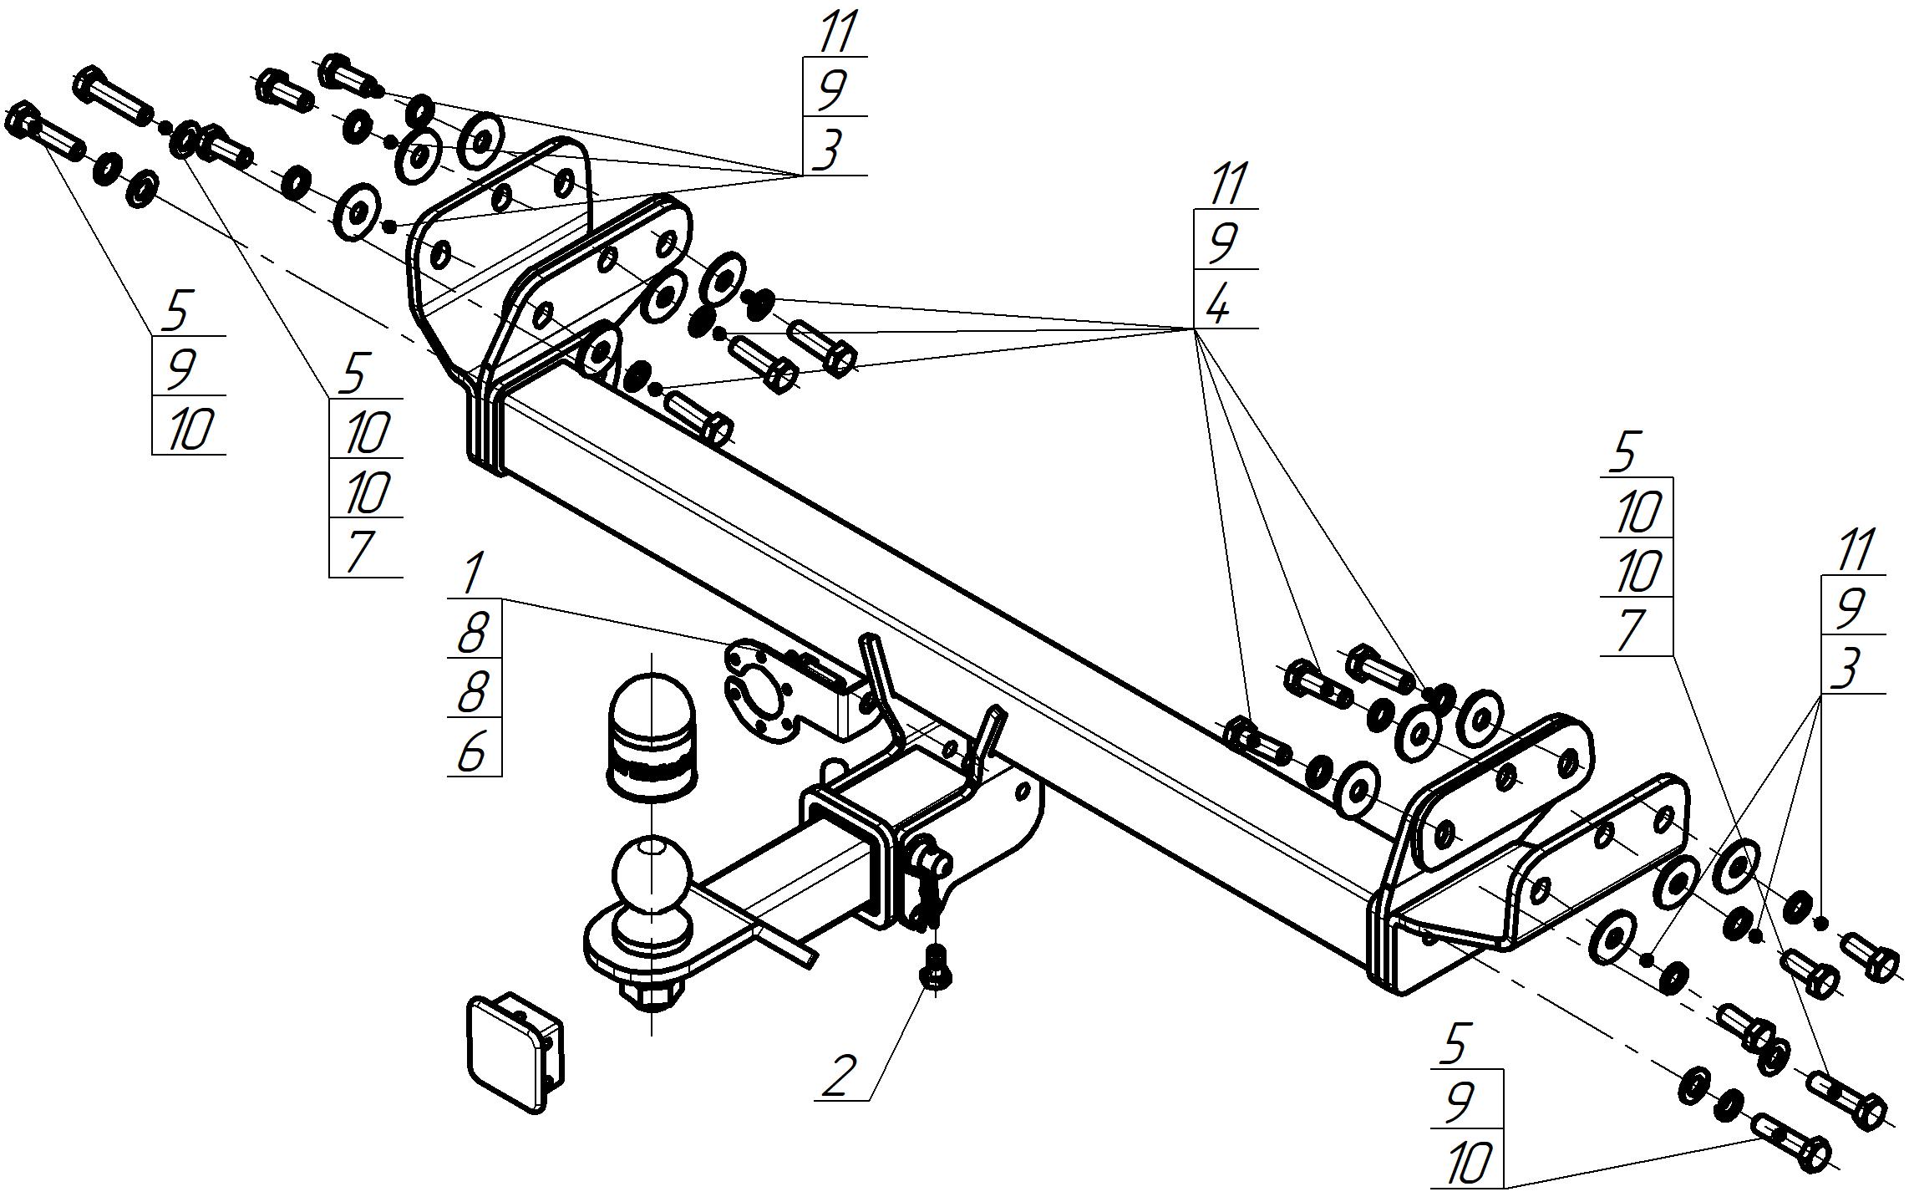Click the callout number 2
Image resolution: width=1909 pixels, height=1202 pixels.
(840, 1076)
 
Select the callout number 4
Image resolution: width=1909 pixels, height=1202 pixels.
(1218, 307)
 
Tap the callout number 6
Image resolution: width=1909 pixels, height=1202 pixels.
(472, 753)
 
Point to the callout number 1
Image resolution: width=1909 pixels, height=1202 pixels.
(472, 574)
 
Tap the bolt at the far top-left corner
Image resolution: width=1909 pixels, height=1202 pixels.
(47, 134)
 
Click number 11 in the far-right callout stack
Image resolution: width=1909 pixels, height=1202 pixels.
(1853, 550)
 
